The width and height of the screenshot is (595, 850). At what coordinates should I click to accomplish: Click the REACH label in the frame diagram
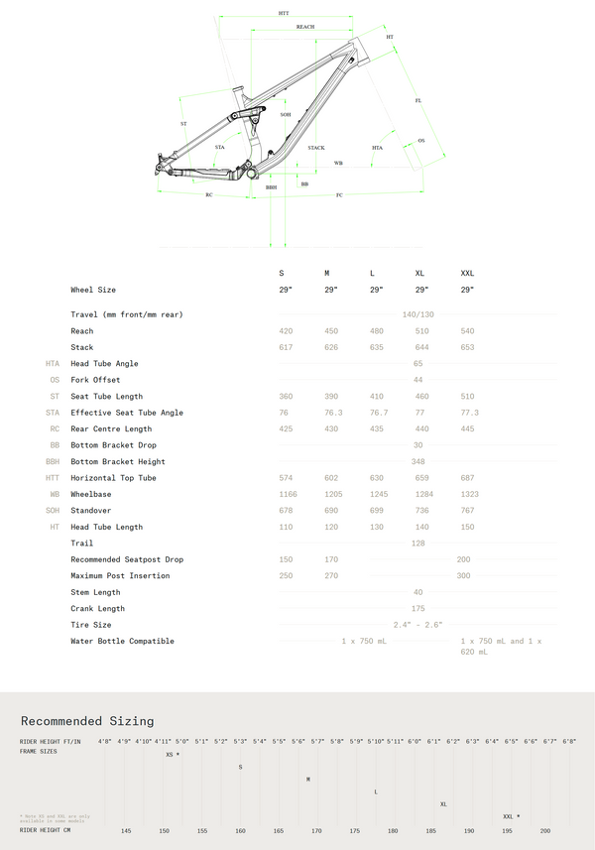point(305,27)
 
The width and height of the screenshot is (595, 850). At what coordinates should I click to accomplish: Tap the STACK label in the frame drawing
point(315,148)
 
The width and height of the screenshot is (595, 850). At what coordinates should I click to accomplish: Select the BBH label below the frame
point(271,186)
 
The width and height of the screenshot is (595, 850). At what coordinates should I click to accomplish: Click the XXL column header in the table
point(467,273)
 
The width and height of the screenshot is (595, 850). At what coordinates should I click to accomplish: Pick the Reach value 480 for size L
point(376,331)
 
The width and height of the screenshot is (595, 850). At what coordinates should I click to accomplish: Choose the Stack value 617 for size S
point(286,347)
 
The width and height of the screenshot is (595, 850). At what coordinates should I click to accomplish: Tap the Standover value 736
point(421,511)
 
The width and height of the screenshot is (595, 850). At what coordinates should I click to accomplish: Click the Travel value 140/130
point(417,314)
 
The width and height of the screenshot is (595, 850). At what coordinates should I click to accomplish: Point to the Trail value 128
point(417,544)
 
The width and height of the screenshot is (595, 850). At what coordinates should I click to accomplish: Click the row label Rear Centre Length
point(111,429)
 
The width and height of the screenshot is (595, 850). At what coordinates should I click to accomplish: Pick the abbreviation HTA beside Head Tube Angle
point(53,364)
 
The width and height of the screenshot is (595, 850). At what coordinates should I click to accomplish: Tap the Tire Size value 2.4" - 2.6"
point(417,625)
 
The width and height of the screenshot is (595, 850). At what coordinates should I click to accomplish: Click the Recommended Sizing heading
point(87,721)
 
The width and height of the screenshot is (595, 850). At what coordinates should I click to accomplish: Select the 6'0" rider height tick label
point(414,741)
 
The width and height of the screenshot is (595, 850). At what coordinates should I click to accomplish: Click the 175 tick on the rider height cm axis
point(354,831)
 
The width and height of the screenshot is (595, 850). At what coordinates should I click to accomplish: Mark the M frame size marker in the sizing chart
point(308,779)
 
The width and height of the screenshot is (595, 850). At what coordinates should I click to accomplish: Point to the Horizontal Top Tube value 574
point(286,478)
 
